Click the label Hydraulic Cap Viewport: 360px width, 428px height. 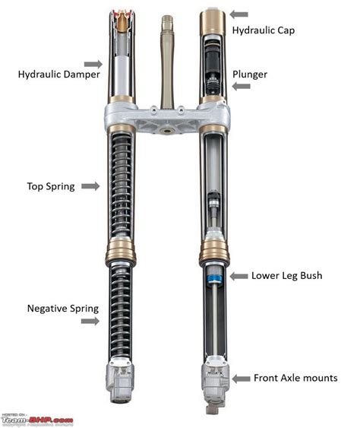coord(264,30)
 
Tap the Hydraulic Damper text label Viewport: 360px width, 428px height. coord(52,75)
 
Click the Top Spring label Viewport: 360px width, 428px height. coord(51,186)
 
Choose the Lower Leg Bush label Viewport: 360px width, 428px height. coord(286,275)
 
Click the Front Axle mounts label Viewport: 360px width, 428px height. coord(295,378)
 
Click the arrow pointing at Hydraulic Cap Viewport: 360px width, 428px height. coord(239,14)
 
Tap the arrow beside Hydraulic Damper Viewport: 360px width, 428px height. coord(93,64)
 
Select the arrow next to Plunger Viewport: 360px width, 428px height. coord(239,87)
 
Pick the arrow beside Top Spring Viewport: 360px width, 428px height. coord(90,186)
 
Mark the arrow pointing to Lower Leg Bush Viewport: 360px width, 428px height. coord(240,275)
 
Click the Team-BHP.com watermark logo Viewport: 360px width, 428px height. coord(37,419)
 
